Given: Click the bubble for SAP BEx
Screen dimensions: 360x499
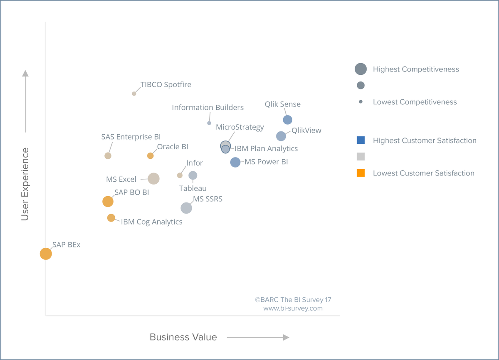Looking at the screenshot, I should coord(46,254).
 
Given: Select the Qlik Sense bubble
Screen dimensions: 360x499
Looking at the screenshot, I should coord(288,120).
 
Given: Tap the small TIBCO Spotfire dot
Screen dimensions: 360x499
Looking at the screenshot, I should coord(134,94).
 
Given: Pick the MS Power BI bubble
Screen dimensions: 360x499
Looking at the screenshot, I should coord(235,162).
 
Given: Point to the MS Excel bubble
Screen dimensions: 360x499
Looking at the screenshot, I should coord(154,179).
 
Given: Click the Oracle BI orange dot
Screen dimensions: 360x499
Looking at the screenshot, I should coord(151,156).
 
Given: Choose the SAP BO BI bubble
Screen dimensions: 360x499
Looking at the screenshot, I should coord(108,202).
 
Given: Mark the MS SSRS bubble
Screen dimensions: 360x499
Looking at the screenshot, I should coord(186,208).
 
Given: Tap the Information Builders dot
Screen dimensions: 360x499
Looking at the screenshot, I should coord(209,123).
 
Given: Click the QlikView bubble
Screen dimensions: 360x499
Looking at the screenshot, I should coord(281,136).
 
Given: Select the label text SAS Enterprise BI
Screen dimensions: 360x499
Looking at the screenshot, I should coord(131,137).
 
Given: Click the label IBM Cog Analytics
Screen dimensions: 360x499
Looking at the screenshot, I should coord(152,222).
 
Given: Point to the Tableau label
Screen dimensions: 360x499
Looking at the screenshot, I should coord(193,188).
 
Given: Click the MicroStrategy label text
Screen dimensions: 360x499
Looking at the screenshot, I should coord(240,127).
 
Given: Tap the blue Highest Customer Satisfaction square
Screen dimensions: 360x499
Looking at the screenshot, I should coord(361,140).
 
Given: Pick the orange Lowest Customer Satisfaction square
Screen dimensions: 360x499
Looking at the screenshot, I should coord(361,173).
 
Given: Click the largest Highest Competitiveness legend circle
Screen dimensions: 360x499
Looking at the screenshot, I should coord(361,69).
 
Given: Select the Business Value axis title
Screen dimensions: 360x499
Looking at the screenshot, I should coord(183,337).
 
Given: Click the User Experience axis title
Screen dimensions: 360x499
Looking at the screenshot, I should coord(25,184).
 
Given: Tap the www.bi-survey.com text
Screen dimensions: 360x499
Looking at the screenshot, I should coord(293,308).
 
